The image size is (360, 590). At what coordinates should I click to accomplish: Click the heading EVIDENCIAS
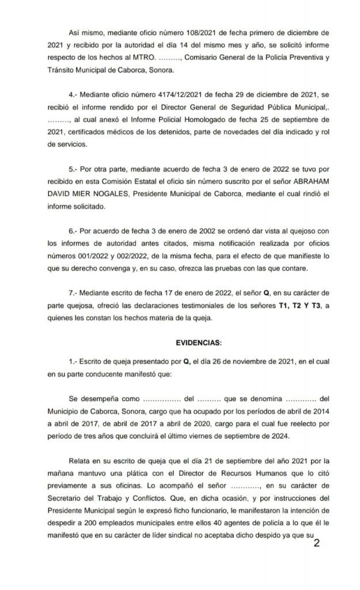(198, 343)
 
